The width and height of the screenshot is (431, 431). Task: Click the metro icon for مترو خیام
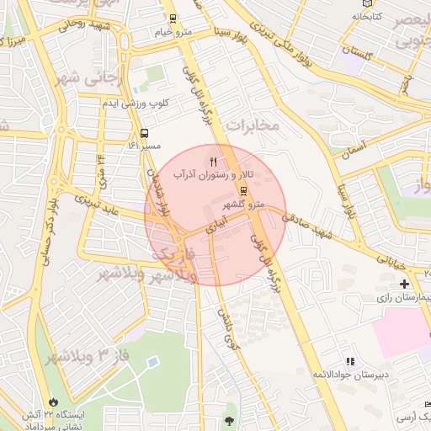[173, 19]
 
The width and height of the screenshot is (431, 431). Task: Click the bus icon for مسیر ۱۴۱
[146, 133]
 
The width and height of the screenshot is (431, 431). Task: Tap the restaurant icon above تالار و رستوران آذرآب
[214, 160]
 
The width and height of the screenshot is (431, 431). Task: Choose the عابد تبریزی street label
[96, 205]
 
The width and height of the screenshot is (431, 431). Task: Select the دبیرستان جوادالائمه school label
[346, 373]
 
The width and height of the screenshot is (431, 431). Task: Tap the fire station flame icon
[55, 402]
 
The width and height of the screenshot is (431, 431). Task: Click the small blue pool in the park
[152, 362]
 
